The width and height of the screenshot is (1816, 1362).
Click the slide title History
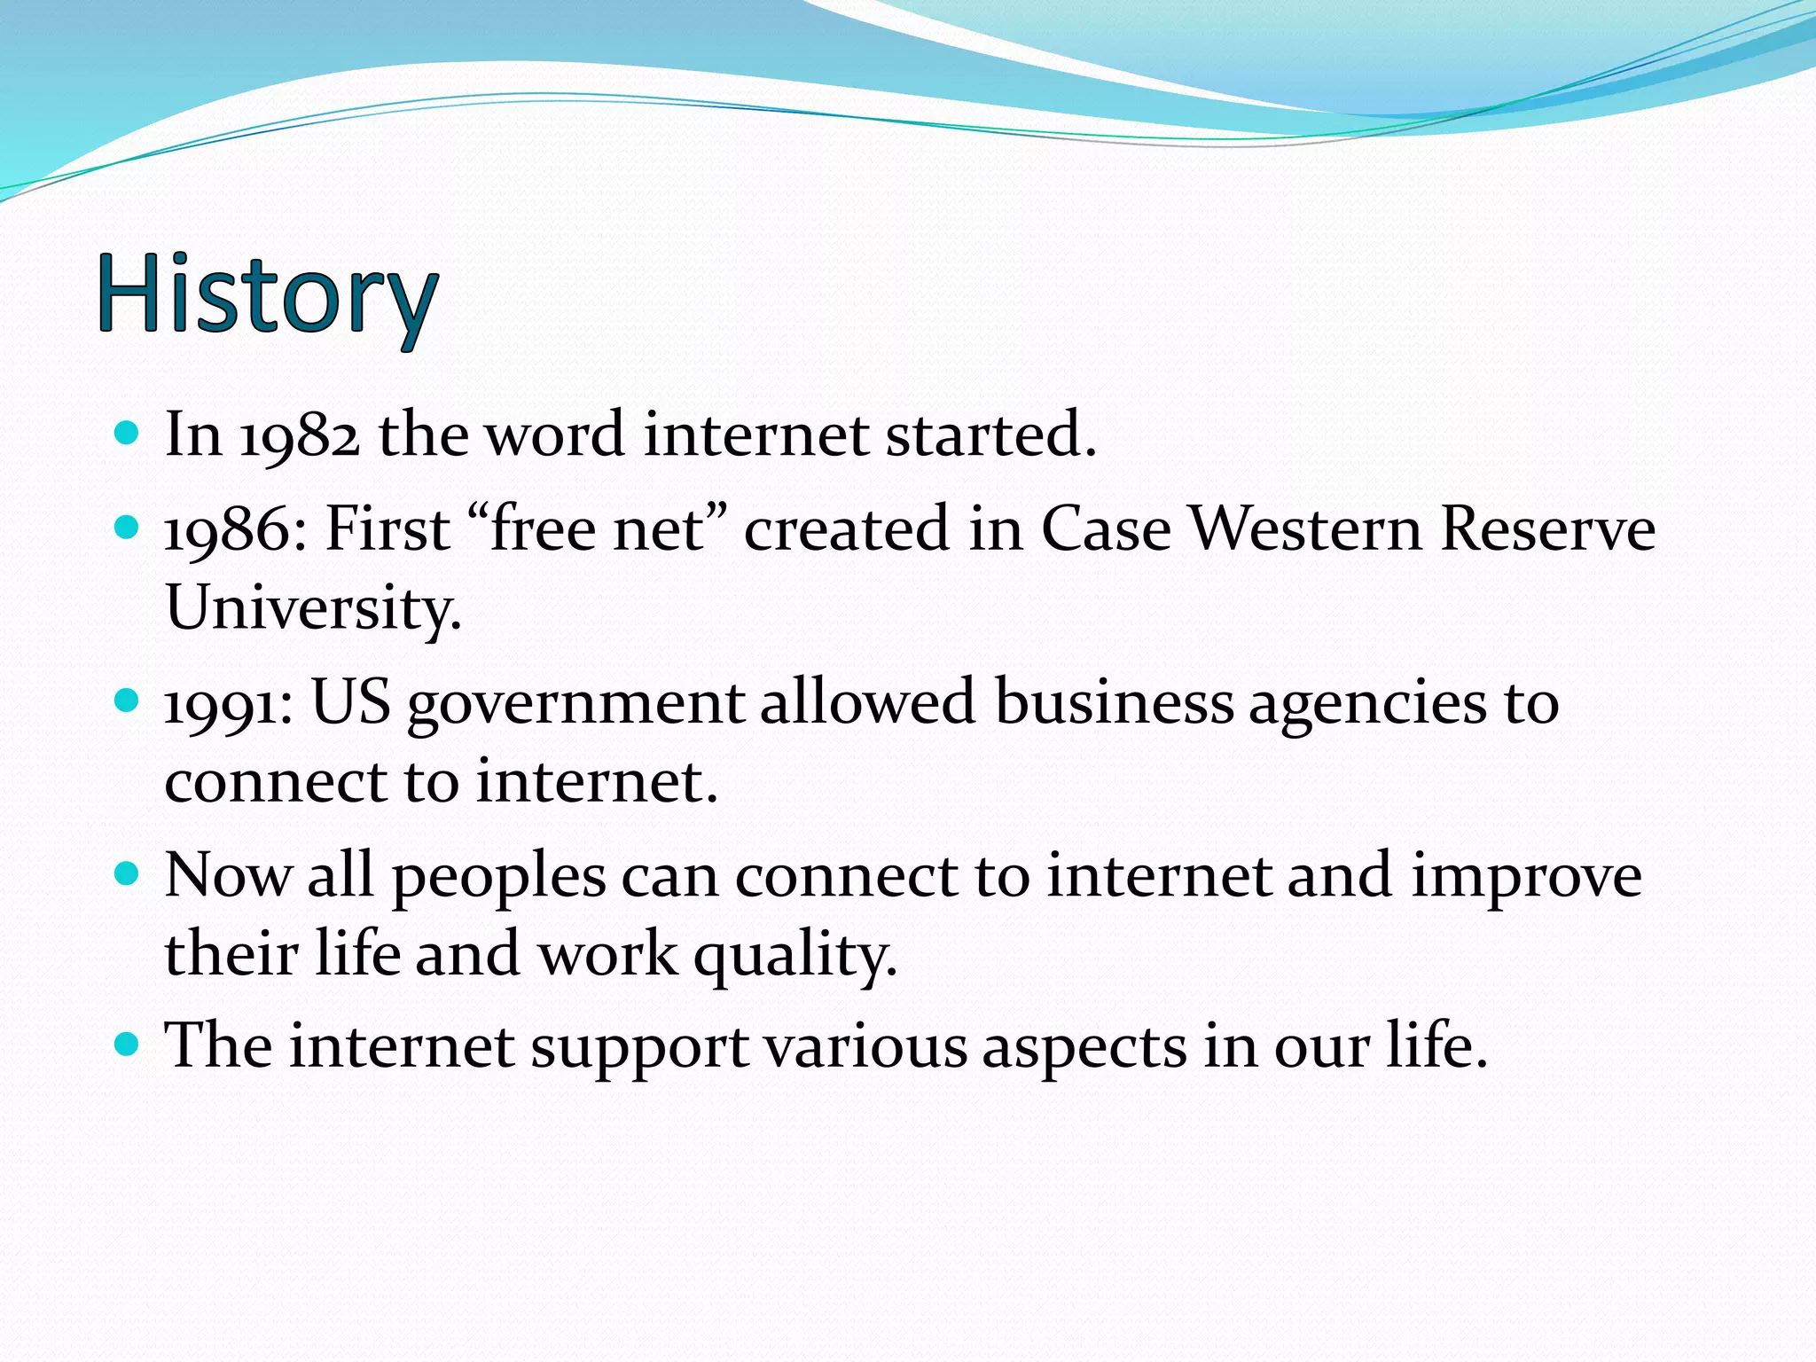[266, 294]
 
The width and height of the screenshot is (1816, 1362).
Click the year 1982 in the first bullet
[300, 436]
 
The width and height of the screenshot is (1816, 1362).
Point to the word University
[312, 609]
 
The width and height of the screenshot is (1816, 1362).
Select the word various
[865, 1046]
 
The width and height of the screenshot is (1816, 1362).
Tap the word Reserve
[1547, 529]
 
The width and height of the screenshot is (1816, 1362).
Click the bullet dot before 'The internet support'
[128, 1044]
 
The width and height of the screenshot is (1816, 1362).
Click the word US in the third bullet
[350, 702]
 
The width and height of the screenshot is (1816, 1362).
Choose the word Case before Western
[1105, 529]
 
